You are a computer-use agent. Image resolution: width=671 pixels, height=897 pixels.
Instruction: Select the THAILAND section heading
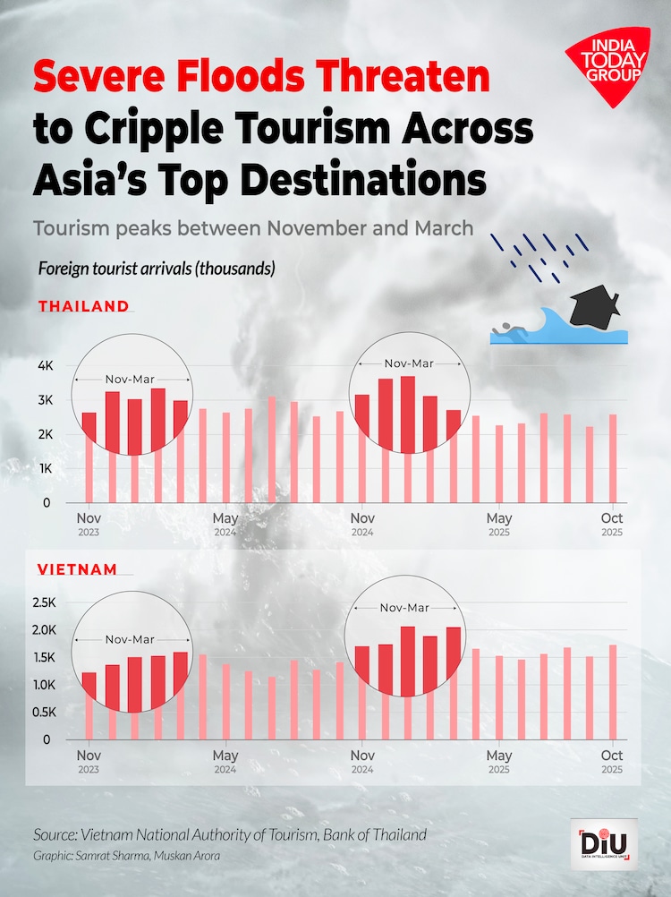pyautogui.click(x=83, y=306)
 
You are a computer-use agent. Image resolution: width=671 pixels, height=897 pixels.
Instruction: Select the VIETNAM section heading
pyautogui.click(x=77, y=568)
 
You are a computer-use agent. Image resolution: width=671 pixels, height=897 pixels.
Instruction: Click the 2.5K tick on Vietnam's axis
pyautogui.click(x=43, y=603)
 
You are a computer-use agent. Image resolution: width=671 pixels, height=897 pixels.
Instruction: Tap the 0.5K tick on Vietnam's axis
pyautogui.click(x=43, y=713)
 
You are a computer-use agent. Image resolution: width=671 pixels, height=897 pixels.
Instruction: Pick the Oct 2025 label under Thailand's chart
pyautogui.click(x=612, y=524)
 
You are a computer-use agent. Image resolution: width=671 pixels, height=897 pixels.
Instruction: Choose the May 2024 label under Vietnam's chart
pyautogui.click(x=225, y=761)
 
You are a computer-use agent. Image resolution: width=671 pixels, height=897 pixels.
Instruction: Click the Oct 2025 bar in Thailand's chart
pyautogui.click(x=613, y=457)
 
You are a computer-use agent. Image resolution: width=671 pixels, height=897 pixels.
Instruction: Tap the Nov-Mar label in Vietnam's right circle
pyautogui.click(x=404, y=608)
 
